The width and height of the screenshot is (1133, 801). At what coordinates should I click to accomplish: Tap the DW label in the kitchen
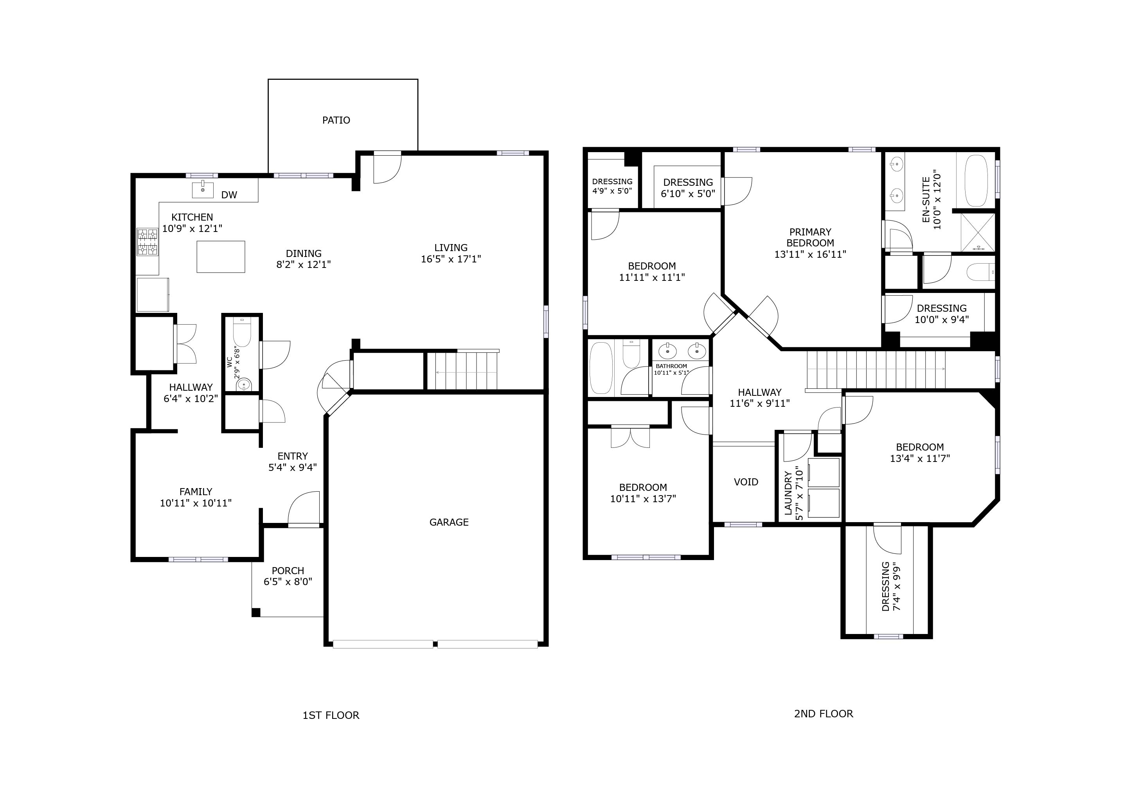(x=229, y=195)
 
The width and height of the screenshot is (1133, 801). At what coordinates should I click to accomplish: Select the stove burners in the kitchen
(x=147, y=242)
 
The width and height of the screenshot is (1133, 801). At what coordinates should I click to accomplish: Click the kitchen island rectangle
(x=221, y=257)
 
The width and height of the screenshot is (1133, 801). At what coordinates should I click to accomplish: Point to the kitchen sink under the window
(x=202, y=189)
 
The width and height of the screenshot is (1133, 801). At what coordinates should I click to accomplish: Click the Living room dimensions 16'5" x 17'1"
(x=451, y=259)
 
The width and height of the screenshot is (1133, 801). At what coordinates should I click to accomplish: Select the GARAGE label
(x=449, y=522)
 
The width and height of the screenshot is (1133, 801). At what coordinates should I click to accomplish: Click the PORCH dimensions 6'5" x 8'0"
(x=288, y=582)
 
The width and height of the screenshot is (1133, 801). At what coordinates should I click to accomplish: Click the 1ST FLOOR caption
(x=331, y=715)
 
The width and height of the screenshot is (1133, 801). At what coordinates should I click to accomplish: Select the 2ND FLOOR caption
(x=823, y=714)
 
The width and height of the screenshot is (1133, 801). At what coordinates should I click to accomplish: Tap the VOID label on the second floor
(x=746, y=482)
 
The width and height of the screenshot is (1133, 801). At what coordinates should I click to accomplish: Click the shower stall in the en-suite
(x=978, y=232)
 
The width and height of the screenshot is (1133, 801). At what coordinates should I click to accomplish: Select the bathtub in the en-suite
(x=976, y=181)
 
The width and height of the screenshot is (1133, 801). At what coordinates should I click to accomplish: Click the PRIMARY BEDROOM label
(x=810, y=237)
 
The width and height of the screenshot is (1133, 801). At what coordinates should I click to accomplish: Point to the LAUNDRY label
(x=788, y=493)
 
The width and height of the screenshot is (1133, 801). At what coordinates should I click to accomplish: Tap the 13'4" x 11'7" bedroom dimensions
(x=919, y=458)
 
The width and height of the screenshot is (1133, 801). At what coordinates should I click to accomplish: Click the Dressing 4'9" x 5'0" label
(x=612, y=186)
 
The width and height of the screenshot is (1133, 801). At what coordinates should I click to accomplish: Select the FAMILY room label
(x=195, y=492)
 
